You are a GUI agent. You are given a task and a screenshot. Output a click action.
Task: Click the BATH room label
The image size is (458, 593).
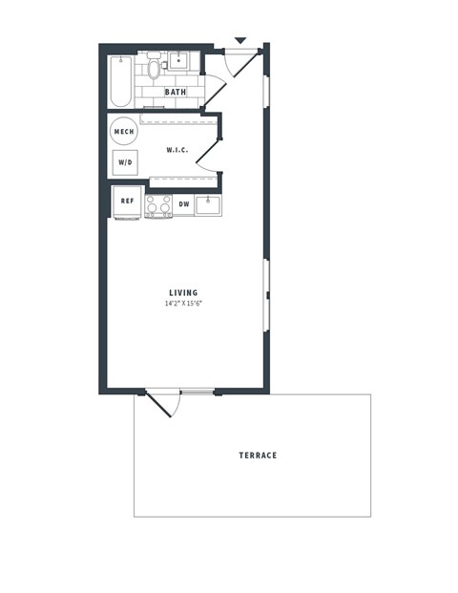pos(176,93)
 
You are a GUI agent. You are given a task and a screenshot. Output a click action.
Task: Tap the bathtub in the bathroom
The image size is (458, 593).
pos(121,81)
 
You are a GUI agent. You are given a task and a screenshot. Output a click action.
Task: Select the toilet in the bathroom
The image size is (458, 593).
pos(154,69)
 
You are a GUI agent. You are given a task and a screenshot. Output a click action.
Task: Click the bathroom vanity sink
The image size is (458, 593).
pos(180,59)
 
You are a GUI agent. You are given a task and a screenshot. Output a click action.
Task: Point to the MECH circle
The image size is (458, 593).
pos(123,132)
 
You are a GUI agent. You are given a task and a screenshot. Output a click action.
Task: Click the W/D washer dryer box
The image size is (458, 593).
pos(125,162)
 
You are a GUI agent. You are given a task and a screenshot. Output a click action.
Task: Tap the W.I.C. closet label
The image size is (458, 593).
pos(177,150)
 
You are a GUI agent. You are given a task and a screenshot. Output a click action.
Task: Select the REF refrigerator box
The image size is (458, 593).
pos(127,202)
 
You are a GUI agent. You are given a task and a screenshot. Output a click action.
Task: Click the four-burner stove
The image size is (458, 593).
pos(158,205)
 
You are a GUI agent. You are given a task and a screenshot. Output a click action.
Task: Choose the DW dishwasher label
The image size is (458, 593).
pos(184,204)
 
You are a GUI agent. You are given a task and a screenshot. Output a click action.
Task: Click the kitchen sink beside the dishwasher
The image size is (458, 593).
pos(208,204)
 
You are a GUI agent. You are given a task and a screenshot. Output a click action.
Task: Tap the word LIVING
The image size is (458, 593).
pos(183,293)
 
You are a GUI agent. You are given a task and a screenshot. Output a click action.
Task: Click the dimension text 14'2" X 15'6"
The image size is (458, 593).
pos(183,304)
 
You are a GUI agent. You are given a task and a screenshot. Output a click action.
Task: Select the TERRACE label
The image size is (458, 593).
pos(258,455)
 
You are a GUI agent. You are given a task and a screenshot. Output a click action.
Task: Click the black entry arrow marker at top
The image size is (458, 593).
pos(240,40)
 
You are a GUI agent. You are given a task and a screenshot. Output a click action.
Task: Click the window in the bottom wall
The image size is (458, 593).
pos(197,392)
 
